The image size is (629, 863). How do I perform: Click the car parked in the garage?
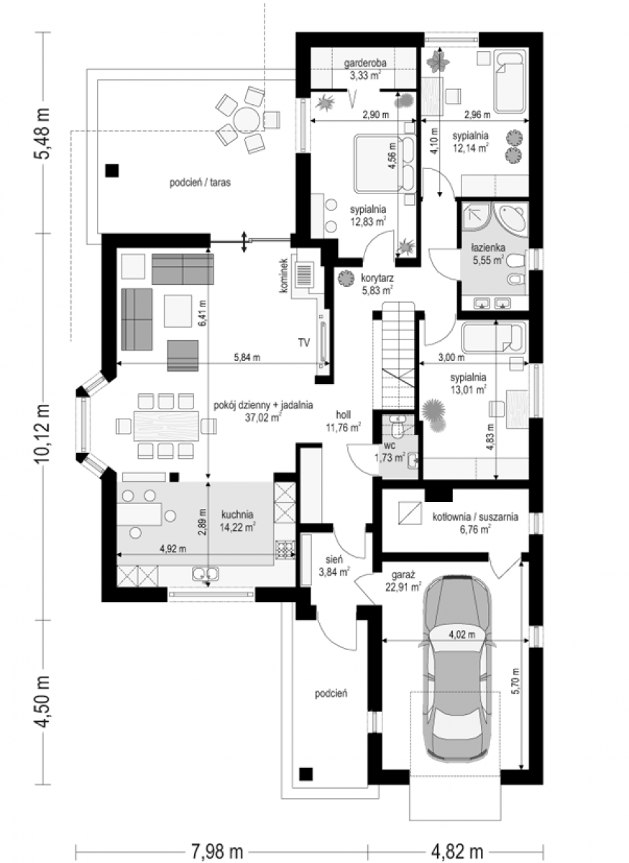pos(456,670)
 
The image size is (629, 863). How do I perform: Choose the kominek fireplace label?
pos(285,275)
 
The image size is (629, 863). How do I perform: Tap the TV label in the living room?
pos(304,342)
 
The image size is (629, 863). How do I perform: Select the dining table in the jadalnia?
pos(166,426)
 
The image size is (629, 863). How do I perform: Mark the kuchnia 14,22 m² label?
pos(237,521)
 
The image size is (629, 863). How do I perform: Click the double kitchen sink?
pos(206,574)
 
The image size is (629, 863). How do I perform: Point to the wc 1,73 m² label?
pos(389,452)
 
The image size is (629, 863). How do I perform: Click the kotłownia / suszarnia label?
pos(475,523)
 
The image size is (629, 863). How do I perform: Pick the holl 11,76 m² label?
pos(343,421)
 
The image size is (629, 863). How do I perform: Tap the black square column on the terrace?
pos(112,170)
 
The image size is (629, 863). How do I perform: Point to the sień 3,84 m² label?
pos(334,565)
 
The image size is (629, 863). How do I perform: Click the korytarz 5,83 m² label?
pos(377,283)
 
